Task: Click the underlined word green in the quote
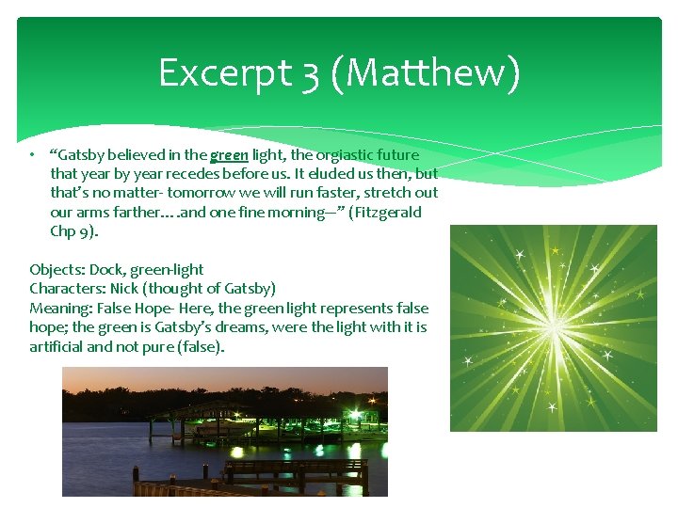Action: point(229,155)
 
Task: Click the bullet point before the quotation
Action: point(32,155)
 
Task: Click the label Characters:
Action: point(67,289)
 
